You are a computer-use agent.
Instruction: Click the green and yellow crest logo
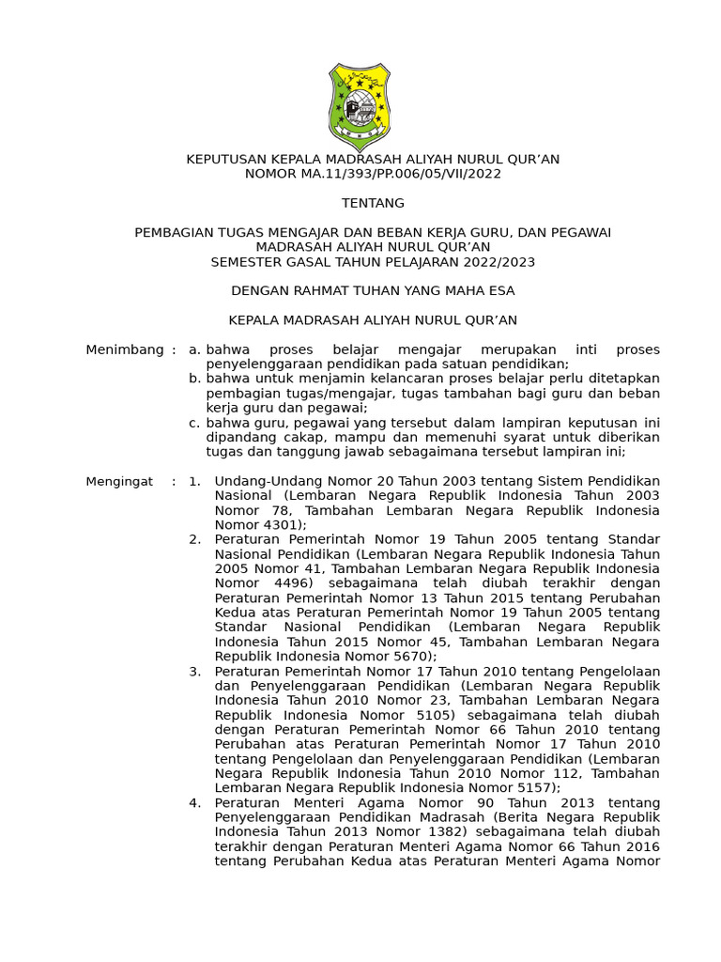360,106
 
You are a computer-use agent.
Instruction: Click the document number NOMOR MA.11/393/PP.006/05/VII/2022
373,174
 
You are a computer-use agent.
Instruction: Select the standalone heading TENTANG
373,203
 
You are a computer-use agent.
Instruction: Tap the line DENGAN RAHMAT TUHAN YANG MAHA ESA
373,290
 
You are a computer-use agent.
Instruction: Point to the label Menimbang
125,349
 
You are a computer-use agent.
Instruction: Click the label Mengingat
119,481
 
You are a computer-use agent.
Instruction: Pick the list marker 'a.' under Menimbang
194,349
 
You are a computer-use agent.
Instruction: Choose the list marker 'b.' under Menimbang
194,379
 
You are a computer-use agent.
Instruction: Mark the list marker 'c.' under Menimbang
194,423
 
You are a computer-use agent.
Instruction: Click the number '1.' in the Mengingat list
194,481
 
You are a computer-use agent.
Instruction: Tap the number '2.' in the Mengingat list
194,539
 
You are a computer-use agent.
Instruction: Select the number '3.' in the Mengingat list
194,671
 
